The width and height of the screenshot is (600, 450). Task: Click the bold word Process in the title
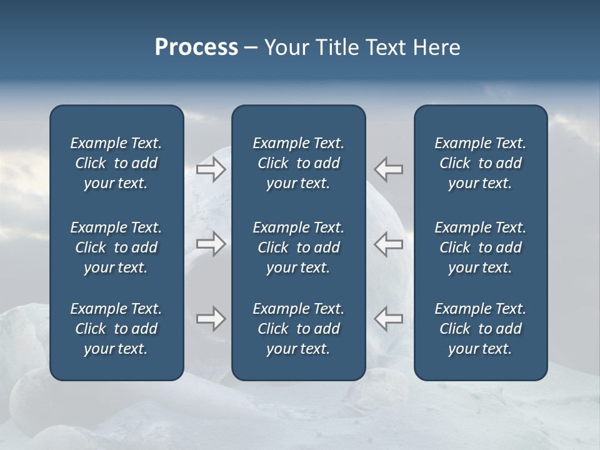[196, 47]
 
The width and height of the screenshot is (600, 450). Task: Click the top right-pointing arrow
[211, 169]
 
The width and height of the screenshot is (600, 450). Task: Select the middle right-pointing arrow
[211, 244]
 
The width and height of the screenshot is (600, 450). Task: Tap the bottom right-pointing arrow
[211, 319]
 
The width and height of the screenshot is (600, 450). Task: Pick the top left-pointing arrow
[388, 169]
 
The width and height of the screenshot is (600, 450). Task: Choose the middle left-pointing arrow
[388, 244]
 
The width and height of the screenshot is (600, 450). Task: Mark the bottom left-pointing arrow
[388, 319]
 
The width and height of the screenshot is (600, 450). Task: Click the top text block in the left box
[116, 163]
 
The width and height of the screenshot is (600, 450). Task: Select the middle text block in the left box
[116, 247]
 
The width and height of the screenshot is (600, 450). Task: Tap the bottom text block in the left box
[116, 329]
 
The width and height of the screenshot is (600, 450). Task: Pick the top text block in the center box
[299, 163]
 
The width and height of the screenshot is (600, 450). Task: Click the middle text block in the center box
[299, 247]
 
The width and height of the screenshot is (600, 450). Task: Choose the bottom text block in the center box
[299, 329]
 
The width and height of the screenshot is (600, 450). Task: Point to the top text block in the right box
[481, 163]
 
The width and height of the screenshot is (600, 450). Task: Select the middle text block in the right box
[481, 247]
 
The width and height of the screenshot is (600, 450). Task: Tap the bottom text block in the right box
[481, 329]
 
